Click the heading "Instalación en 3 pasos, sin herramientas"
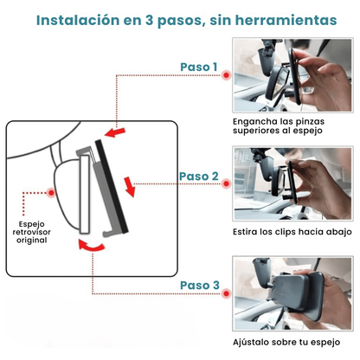coord(180,18)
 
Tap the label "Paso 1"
coord(199,67)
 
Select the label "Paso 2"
coord(199,177)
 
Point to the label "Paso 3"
coord(199,286)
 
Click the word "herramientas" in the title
coord(286,18)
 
